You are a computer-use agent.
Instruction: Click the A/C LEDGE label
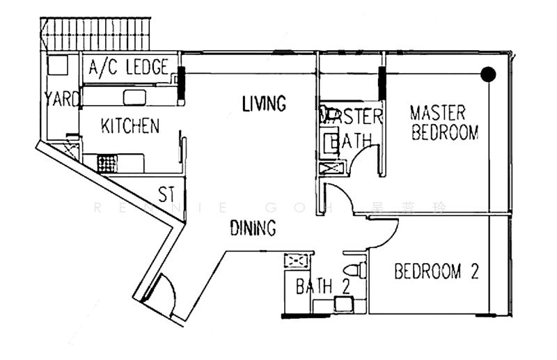click(x=129, y=68)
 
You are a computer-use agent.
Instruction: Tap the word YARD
click(x=62, y=99)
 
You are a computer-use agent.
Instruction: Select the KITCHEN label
click(x=130, y=126)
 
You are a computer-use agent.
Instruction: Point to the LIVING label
click(x=264, y=104)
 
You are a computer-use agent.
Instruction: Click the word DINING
click(x=253, y=228)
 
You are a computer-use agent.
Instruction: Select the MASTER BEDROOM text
click(x=444, y=123)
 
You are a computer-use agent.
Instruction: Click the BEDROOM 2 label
click(x=437, y=272)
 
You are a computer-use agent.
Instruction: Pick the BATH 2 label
click(x=322, y=285)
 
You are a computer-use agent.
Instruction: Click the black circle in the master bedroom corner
click(x=489, y=73)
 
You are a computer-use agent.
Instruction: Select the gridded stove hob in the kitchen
click(x=106, y=164)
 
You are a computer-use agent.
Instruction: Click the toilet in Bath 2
click(x=355, y=270)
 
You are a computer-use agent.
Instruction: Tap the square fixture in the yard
click(x=58, y=64)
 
